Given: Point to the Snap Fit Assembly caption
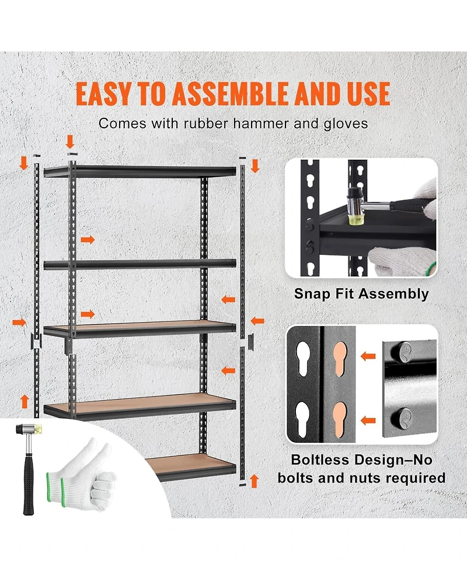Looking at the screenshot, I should pyautogui.click(x=361, y=293).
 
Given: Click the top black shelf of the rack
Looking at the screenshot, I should pyautogui.click(x=140, y=171).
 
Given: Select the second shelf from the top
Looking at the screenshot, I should pyautogui.click(x=140, y=264).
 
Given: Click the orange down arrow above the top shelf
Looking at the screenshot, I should pyautogui.click(x=71, y=142).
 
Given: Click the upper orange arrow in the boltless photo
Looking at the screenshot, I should pyautogui.click(x=368, y=355).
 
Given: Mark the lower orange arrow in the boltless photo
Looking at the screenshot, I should pyautogui.click(x=368, y=419).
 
